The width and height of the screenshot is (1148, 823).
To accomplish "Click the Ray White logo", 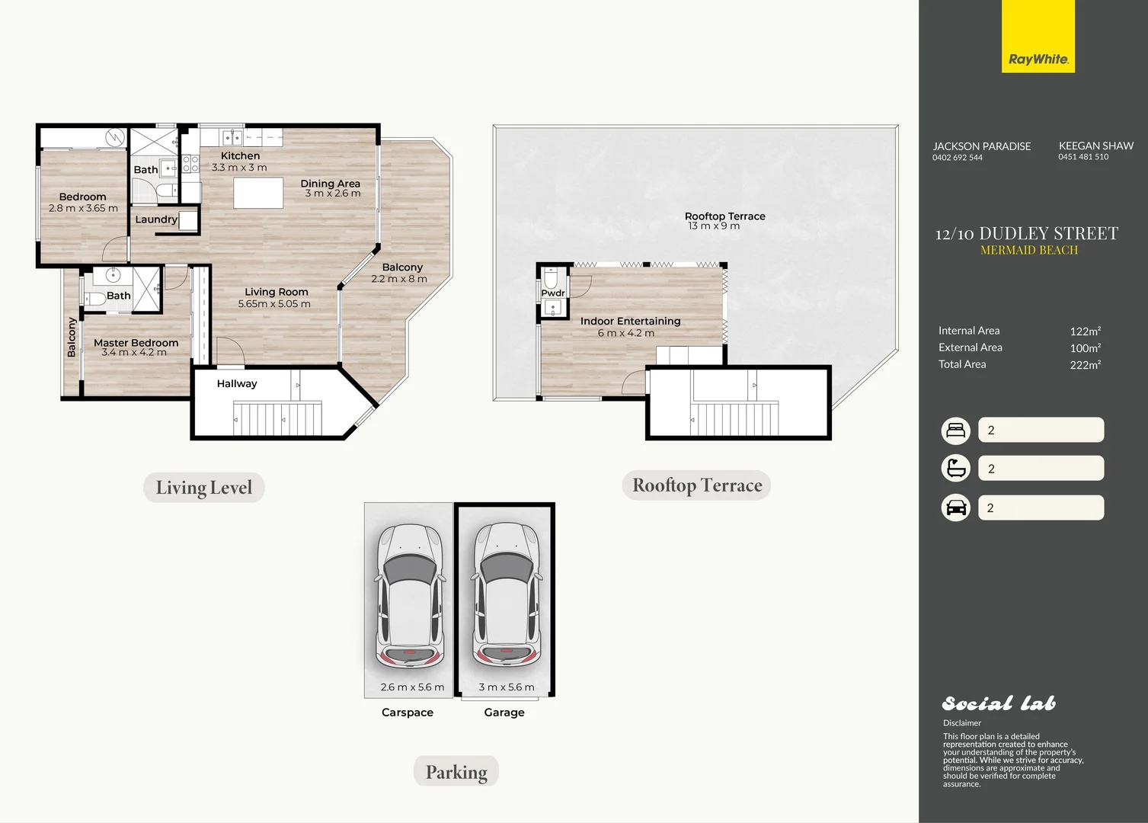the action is [x=1038, y=37].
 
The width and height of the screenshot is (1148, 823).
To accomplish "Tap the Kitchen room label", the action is [x=241, y=155].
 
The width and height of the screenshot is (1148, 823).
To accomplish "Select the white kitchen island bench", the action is [x=258, y=193].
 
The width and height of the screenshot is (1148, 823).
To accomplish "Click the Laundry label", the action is [x=156, y=219].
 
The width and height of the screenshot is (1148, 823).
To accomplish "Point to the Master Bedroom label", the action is [x=136, y=342].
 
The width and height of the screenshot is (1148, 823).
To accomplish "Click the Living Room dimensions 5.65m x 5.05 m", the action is [x=274, y=303].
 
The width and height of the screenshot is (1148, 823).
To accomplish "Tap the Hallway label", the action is [x=237, y=383].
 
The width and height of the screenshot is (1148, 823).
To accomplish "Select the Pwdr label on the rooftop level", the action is [x=553, y=293].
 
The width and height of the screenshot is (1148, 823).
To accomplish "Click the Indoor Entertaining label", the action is [x=631, y=321].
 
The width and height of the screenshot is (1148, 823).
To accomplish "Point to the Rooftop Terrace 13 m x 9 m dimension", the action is [x=714, y=226].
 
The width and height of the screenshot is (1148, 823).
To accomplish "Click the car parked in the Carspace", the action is [x=410, y=597].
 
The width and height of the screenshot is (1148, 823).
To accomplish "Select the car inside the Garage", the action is [x=507, y=597].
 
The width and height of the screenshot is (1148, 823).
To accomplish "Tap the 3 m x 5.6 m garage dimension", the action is [x=507, y=687].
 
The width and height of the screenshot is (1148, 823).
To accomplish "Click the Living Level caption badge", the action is [x=204, y=487].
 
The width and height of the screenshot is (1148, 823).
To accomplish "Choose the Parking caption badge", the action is [x=456, y=771].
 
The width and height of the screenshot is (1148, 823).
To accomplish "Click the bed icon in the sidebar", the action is [x=956, y=431].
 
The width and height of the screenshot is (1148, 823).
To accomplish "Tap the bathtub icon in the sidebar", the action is [x=956, y=468].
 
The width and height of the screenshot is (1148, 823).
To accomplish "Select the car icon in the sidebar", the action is [x=956, y=508].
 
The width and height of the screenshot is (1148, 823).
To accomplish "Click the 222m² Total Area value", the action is [x=1086, y=364].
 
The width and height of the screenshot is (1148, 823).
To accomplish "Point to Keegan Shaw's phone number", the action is [x=1083, y=157].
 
